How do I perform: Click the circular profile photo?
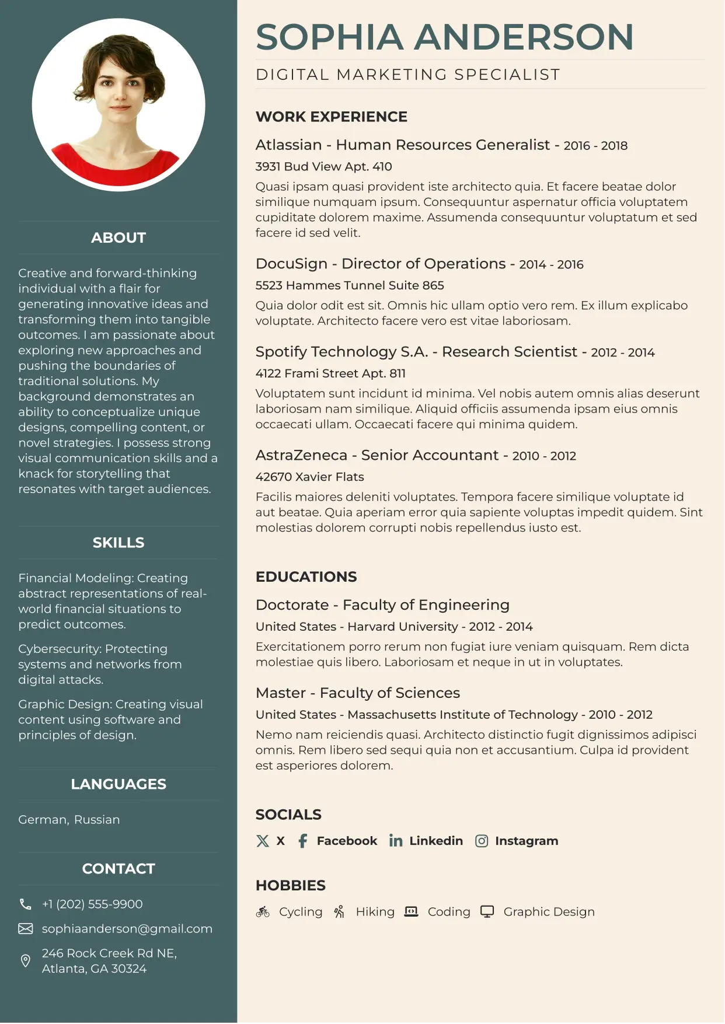click(x=118, y=105)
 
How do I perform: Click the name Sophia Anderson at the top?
click(x=444, y=37)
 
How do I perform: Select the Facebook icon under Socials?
click(x=302, y=841)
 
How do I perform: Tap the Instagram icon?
click(x=482, y=841)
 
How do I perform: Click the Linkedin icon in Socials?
click(x=396, y=841)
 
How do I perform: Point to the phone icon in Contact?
click(x=26, y=904)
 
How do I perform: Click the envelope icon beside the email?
click(x=26, y=928)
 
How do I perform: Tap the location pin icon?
click(x=26, y=960)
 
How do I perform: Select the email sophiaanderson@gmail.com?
click(x=127, y=928)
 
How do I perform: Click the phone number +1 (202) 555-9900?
click(x=92, y=904)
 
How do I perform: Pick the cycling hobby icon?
click(x=263, y=911)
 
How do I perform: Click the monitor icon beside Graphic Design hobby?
click(x=487, y=911)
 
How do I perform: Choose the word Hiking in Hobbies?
click(x=375, y=911)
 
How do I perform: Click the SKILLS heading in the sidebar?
click(x=118, y=543)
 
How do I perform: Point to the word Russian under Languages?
click(x=97, y=819)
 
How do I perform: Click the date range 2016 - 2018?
click(x=595, y=145)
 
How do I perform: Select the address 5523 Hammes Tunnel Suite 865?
click(x=350, y=285)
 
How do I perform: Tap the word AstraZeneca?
click(x=301, y=455)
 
